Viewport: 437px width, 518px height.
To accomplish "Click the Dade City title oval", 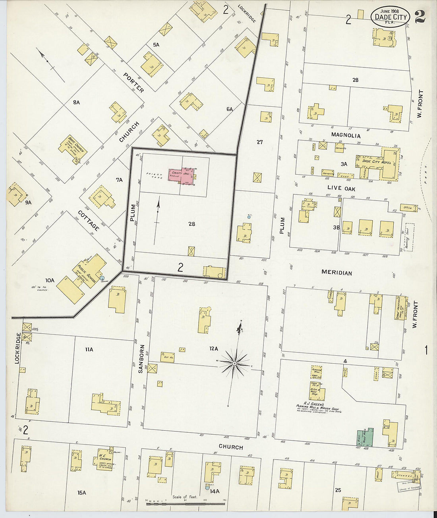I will tap(391, 17).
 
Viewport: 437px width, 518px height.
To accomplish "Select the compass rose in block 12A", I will tap(235, 363).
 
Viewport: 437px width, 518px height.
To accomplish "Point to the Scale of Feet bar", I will tap(185, 504).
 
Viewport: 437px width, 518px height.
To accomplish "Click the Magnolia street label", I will tap(346, 135).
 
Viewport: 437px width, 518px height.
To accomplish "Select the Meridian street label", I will tap(336, 273).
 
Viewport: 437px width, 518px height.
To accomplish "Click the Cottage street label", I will tap(89, 221).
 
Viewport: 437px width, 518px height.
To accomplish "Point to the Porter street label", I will tap(133, 83).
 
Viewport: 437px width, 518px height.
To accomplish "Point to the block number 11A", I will tap(89, 349).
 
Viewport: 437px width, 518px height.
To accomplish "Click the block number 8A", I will tap(76, 102).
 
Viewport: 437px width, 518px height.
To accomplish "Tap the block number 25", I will tap(338, 490).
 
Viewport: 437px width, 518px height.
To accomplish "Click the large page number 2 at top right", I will tap(420, 17).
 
